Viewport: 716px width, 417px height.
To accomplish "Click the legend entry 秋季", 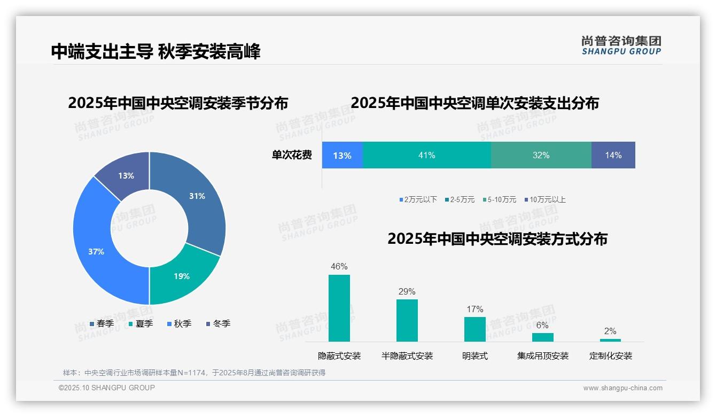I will (x=179, y=324).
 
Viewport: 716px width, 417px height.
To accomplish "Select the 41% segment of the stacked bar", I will (x=426, y=156).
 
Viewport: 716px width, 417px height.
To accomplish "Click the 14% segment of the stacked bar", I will (x=613, y=156).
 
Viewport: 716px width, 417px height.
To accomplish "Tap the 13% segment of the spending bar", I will (x=342, y=156).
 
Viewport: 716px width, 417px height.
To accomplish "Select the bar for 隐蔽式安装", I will (x=339, y=308).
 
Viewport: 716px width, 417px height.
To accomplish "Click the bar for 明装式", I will (x=474, y=329).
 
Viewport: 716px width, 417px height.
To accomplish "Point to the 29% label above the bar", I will (x=407, y=292).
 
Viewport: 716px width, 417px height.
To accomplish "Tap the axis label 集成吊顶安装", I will (x=542, y=356).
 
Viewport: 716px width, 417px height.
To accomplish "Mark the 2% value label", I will (x=610, y=331).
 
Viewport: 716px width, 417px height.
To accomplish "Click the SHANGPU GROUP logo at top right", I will (x=621, y=45).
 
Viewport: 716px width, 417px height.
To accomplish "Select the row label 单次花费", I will (x=292, y=156).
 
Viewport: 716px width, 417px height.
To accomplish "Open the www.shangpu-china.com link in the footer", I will (x=622, y=388).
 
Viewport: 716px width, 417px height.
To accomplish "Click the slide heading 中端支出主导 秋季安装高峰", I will (x=155, y=52).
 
